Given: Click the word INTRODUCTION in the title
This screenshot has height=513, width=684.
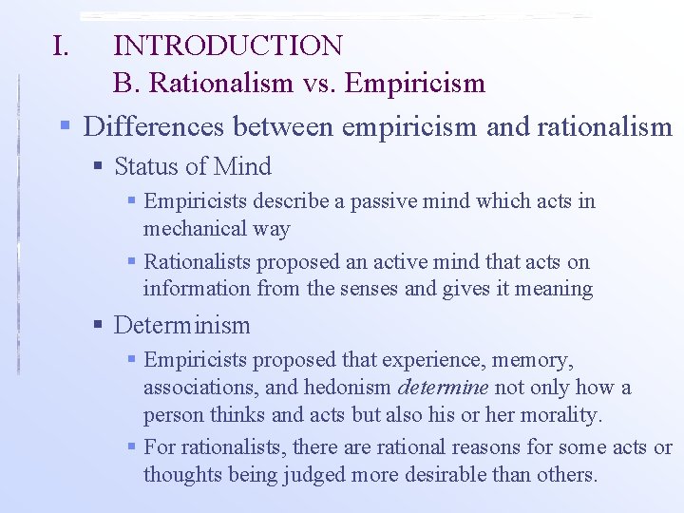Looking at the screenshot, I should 228,45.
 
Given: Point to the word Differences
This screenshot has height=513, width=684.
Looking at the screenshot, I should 157,126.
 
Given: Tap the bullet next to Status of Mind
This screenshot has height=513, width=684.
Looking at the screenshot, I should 98,167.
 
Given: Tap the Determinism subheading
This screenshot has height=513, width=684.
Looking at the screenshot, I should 181,326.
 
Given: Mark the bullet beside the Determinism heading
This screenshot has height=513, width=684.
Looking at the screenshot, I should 98,326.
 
